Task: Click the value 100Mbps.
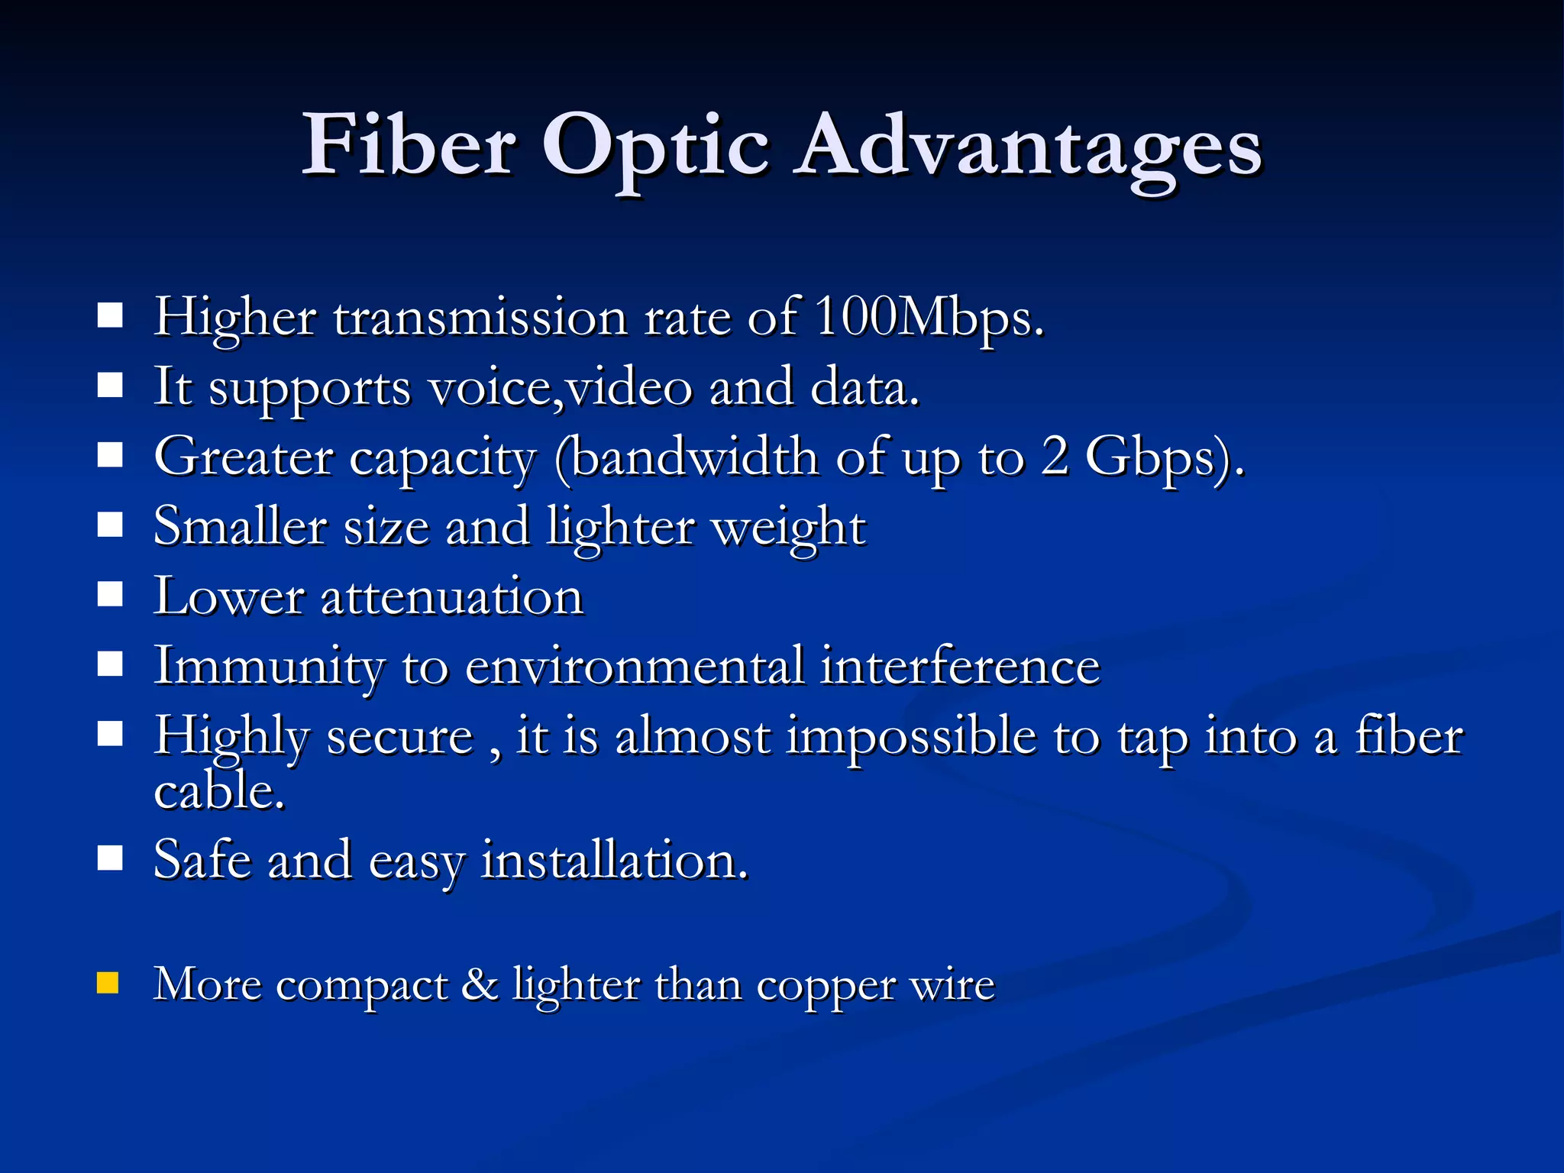[x=928, y=318]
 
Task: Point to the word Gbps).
[x=1165, y=458]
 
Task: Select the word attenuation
[x=452, y=597]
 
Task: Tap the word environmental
[x=635, y=666]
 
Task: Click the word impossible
[x=912, y=737]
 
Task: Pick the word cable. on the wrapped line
[x=219, y=790]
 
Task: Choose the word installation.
[x=615, y=861]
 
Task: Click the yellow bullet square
[x=108, y=983]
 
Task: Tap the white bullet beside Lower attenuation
[x=111, y=594]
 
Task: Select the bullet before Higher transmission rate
[x=111, y=315]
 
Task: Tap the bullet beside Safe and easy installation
[x=111, y=858]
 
